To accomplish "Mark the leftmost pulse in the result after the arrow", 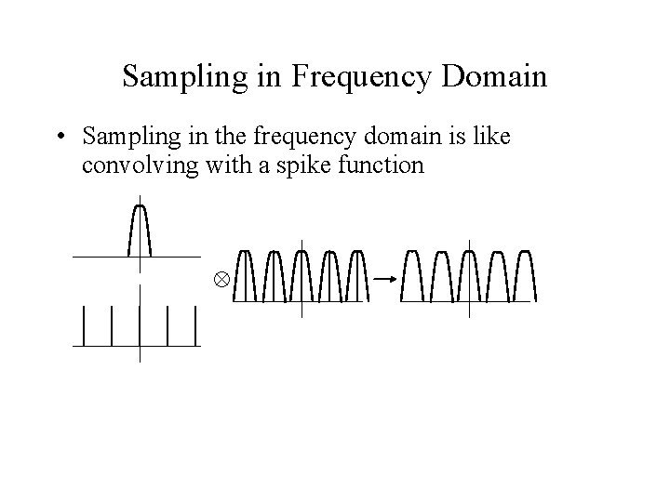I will (413, 275).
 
